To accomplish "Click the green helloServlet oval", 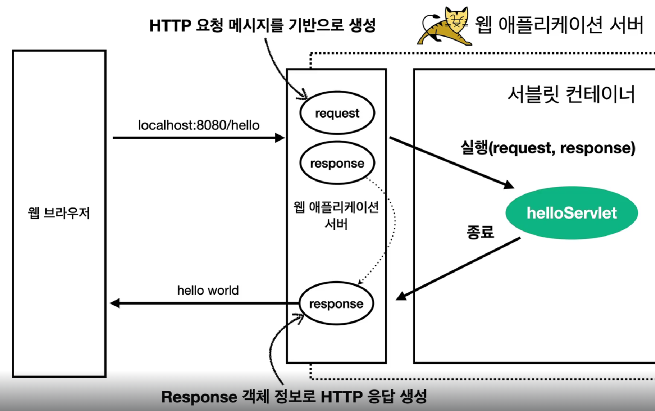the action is coord(571,213).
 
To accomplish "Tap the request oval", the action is coord(337,113).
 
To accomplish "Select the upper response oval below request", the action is coord(337,163).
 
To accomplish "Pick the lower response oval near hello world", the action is coord(336,304).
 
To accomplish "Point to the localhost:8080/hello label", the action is coord(198,125).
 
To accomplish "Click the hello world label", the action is coord(208,291).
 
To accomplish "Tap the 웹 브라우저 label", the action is coord(59,213).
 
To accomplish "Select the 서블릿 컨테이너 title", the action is coord(571,94).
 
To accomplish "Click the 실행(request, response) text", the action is coord(547,148).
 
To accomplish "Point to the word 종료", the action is coord(480,232).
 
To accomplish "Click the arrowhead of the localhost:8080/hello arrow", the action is coord(280,138).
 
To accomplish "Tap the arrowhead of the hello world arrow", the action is coord(115,303).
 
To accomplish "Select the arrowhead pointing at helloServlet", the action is coord(509,185).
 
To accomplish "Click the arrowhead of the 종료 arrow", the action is coord(401,296).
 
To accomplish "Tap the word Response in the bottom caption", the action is coord(199,397).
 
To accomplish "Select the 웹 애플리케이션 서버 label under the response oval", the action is coord(336,215).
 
